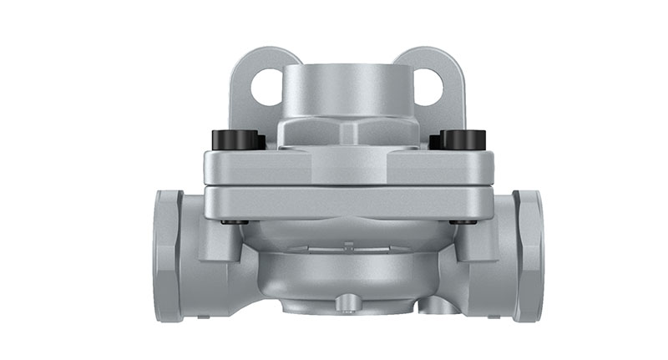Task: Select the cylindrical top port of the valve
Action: tap(347, 92)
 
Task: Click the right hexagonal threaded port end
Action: tap(528, 255)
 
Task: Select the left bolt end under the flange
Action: tap(235, 222)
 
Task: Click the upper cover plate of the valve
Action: tap(347, 167)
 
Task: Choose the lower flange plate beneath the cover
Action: tap(347, 202)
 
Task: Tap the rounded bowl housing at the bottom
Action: tap(347, 276)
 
